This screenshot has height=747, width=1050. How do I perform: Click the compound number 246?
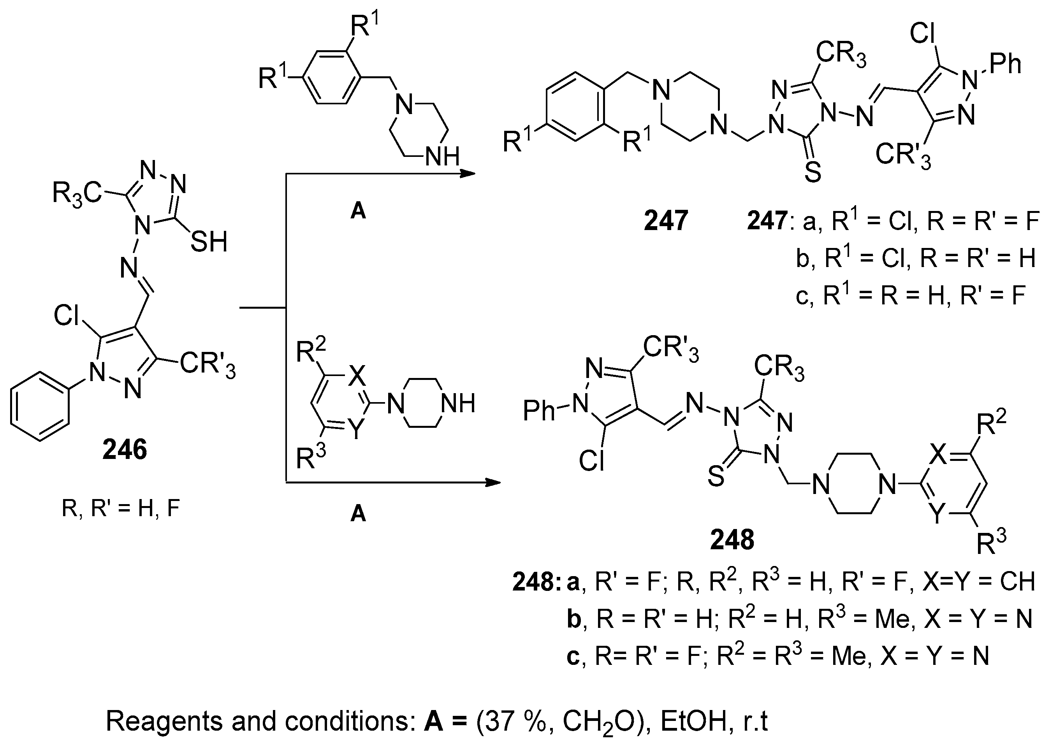[125, 449]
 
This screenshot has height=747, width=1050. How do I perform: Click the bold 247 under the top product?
[665, 220]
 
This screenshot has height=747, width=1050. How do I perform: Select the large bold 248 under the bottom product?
[732, 540]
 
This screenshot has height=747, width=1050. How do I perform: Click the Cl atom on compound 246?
[68, 316]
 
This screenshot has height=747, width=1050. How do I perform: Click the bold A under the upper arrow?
[358, 211]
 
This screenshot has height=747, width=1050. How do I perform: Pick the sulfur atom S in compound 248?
[716, 476]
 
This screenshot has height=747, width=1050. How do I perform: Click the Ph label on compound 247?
[1005, 63]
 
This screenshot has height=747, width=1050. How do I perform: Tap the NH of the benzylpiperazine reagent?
[442, 157]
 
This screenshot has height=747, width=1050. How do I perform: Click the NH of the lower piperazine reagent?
[457, 403]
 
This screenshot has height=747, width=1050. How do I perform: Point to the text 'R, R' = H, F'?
[121, 509]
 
